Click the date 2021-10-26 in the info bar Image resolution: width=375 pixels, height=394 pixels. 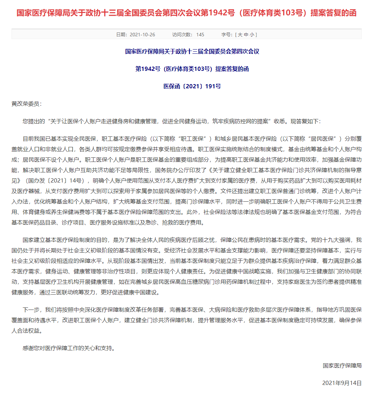[x=142, y=35]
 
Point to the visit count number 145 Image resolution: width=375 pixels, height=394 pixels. [x=200, y=35]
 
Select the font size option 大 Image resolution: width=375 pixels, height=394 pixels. [x=240, y=35]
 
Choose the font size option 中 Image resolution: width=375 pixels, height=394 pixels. [x=246, y=35]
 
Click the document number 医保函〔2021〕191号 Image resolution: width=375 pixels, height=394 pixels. [x=192, y=86]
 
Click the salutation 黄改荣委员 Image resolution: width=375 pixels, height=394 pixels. [x=27, y=104]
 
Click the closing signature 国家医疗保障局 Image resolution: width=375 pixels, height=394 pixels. [x=342, y=365]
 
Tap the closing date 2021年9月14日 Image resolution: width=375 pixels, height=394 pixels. [x=342, y=383]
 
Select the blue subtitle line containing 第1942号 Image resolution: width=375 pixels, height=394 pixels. [x=192, y=69]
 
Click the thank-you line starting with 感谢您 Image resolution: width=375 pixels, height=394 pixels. [x=69, y=348]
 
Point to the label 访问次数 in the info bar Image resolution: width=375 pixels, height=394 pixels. [x=182, y=35]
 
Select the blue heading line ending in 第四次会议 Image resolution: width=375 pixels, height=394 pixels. [x=192, y=51]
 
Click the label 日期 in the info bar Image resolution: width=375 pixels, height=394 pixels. [x=121, y=35]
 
